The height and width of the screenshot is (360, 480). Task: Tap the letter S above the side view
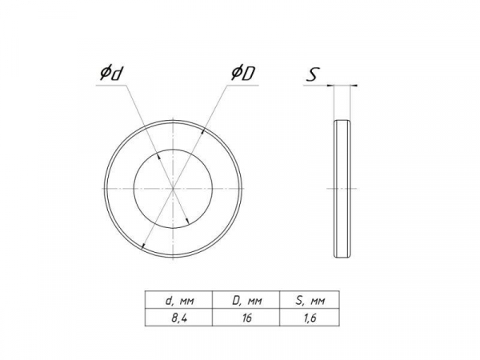[313, 74]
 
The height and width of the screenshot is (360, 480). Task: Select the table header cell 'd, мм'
[179, 301]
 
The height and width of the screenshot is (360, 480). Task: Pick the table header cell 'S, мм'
[310, 301]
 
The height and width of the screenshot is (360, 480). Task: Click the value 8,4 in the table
[179, 318]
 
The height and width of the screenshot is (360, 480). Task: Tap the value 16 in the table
[246, 318]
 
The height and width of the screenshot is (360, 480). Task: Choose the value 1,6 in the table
[310, 318]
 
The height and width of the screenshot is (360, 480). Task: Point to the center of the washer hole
[174, 189]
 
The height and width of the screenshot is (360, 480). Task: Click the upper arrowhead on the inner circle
[158, 156]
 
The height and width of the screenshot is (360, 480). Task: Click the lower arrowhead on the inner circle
[188, 221]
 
